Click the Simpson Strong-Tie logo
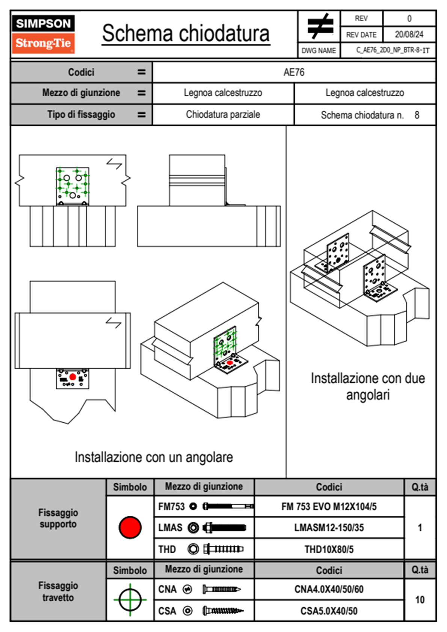click(x=43, y=34)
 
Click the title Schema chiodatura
click(x=186, y=33)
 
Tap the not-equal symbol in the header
click(x=320, y=26)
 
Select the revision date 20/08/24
click(x=409, y=35)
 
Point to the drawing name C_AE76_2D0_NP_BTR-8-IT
click(x=393, y=50)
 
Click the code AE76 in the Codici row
click(x=294, y=72)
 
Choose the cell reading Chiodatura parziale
click(x=223, y=115)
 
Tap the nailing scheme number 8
click(x=417, y=115)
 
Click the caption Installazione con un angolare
click(x=154, y=457)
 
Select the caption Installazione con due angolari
click(x=368, y=386)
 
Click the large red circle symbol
click(x=130, y=527)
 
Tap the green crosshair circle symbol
click(x=130, y=600)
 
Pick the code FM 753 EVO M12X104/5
click(x=329, y=507)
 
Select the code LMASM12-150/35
click(x=329, y=528)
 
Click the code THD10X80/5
click(x=329, y=549)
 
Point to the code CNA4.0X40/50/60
click(x=329, y=589)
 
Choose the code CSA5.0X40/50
click(x=329, y=611)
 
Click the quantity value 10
click(x=420, y=600)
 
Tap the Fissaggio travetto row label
click(x=58, y=591)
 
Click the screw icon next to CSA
click(x=222, y=611)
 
